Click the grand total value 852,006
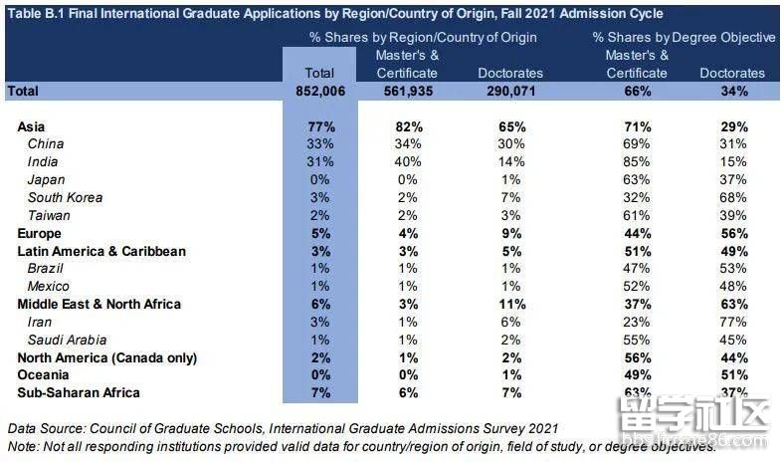pyautogui.click(x=320, y=92)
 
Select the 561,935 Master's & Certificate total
pyautogui.click(x=407, y=92)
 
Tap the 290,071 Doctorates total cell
pyautogui.click(x=509, y=92)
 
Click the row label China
pyautogui.click(x=46, y=144)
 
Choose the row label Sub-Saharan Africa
pyautogui.click(x=79, y=393)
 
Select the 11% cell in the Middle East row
pyautogui.click(x=510, y=304)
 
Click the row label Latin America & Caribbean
pyautogui.click(x=101, y=251)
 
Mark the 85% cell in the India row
pyautogui.click(x=637, y=162)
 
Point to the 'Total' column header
pyautogui.click(x=320, y=73)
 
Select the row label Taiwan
pyautogui.click(x=49, y=215)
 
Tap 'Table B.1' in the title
pyautogui.click(x=36, y=14)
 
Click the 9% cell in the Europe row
pyautogui.click(x=510, y=233)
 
